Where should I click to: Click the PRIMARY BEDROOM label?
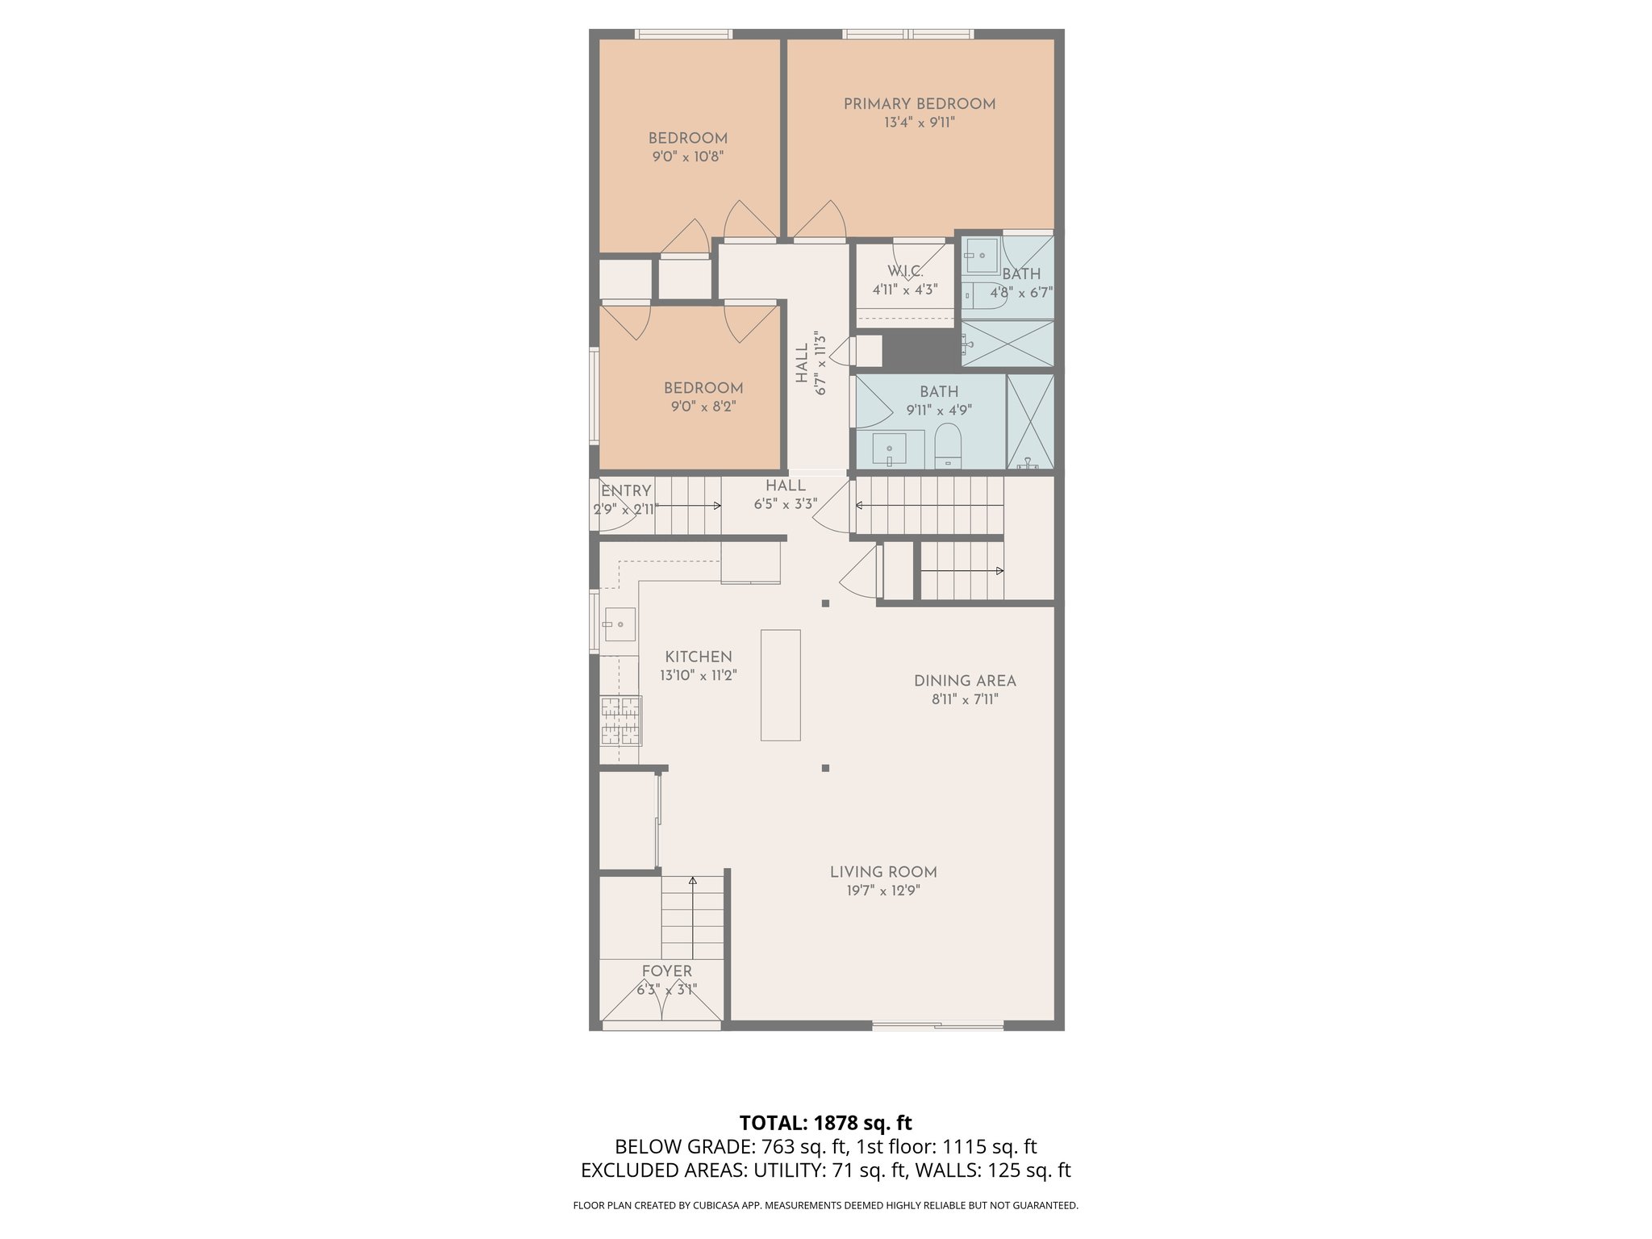(919, 104)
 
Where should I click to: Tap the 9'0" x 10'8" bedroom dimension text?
(687, 157)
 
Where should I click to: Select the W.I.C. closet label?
(905, 271)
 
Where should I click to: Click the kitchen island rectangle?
(780, 685)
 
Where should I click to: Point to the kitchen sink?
(619, 624)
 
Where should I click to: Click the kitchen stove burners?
(620, 720)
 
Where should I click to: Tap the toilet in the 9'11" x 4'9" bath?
(948, 446)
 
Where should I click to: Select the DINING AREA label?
(964, 681)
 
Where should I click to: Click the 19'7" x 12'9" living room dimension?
(882, 891)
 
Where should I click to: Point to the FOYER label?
(666, 971)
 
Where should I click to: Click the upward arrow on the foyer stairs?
(693, 882)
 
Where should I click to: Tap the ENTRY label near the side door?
(626, 490)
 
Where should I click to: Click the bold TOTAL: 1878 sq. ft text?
(825, 1123)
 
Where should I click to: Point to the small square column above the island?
(825, 603)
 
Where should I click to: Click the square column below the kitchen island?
(825, 768)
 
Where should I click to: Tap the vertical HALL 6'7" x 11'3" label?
(811, 363)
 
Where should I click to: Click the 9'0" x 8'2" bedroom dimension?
(703, 407)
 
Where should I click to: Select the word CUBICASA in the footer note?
(712, 1206)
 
